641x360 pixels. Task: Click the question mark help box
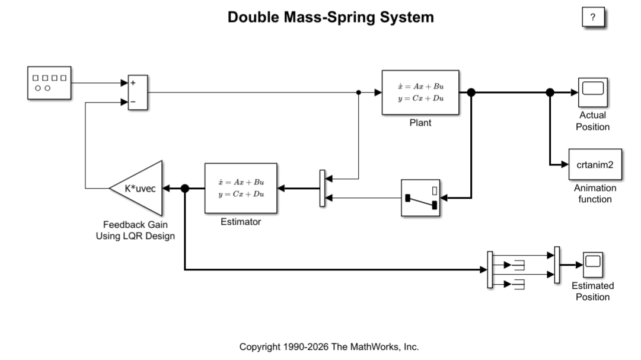pyautogui.click(x=593, y=17)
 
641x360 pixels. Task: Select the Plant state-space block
pyautogui.click(x=420, y=93)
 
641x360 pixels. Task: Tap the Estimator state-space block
pyautogui.click(x=241, y=188)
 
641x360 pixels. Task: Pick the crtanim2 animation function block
pyautogui.click(x=595, y=164)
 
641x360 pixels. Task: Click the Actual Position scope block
pyautogui.click(x=593, y=93)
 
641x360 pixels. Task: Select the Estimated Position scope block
pyautogui.click(x=593, y=265)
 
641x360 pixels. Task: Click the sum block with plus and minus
pyautogui.click(x=138, y=93)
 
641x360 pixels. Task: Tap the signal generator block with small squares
pyautogui.click(x=49, y=82)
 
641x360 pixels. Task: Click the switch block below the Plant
pyautogui.click(x=420, y=198)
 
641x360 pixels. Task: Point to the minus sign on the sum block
pyautogui.click(x=133, y=101)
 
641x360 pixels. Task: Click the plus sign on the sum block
pyautogui.click(x=133, y=83)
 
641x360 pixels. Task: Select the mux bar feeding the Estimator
pyautogui.click(x=322, y=188)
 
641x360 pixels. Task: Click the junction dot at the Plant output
pyautogui.click(x=471, y=93)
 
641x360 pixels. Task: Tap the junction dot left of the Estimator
pyautogui.click(x=185, y=188)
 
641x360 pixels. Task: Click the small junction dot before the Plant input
pyautogui.click(x=359, y=93)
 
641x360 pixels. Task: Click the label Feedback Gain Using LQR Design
pyautogui.click(x=135, y=230)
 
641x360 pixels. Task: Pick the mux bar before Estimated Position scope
pyautogui.click(x=557, y=265)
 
